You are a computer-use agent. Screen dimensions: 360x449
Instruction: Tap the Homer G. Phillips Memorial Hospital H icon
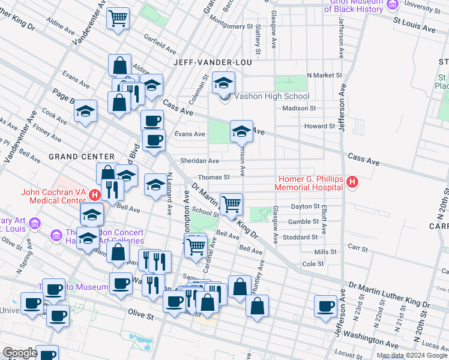point(352,181)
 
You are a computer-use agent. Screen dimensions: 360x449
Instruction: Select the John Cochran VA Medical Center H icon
point(94,195)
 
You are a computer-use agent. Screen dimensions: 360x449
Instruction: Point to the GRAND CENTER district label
point(73,156)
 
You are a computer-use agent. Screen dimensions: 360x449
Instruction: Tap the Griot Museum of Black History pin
point(393,5)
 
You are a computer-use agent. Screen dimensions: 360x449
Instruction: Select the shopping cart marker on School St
point(231,204)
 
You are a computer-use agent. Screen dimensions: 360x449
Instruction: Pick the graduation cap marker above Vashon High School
point(224,82)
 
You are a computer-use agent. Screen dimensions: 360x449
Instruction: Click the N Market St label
point(324,76)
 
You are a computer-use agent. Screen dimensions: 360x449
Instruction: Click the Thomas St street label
point(214,177)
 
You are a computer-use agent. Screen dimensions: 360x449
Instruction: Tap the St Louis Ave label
point(414,28)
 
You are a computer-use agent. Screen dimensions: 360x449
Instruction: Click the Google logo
point(20,353)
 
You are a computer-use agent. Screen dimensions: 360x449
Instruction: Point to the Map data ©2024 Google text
point(412,355)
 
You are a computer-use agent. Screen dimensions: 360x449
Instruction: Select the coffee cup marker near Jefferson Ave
point(326,305)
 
